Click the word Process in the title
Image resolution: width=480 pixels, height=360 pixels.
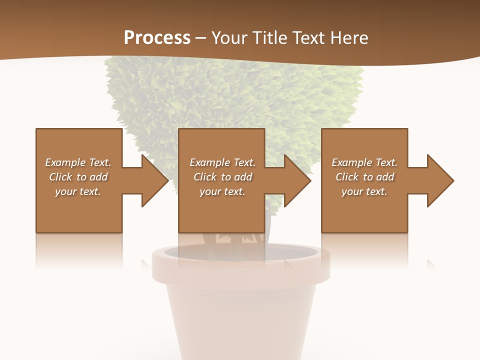click(157, 38)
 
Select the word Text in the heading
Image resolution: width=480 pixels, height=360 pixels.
click(308, 38)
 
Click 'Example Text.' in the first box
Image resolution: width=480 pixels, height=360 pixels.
click(78, 162)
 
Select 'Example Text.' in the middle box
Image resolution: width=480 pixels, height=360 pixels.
click(222, 162)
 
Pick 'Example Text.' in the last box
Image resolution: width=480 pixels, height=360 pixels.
click(364, 162)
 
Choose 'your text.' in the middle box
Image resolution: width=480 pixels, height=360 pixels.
click(222, 191)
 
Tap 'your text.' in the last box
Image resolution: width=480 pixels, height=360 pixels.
click(364, 191)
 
